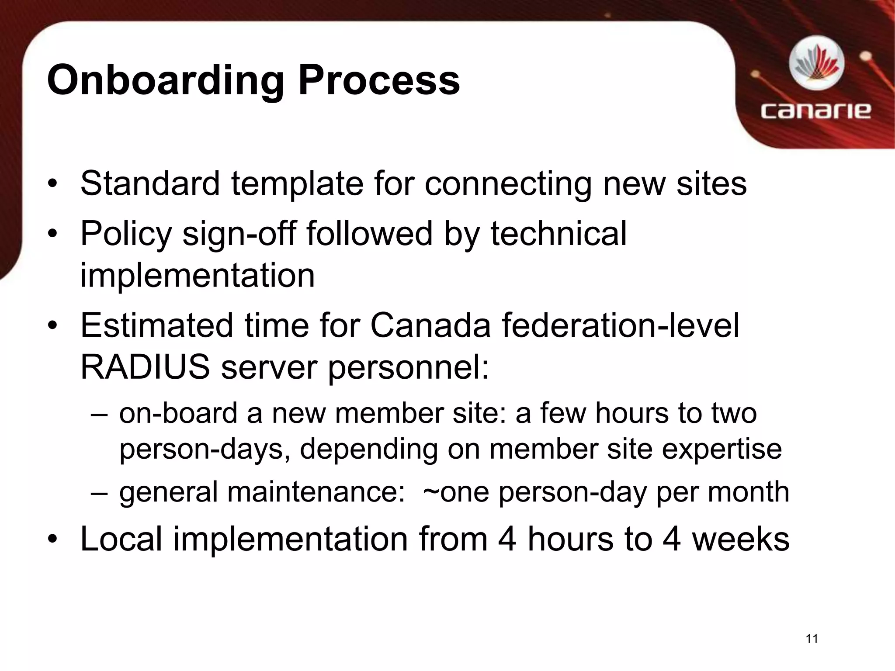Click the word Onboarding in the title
point(165,81)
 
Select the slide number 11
point(812,639)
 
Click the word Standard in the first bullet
point(150,183)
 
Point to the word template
point(297,184)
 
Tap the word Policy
point(126,234)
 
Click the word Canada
point(430,326)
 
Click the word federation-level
point(620,326)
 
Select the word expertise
point(722,449)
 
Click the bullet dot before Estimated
point(53,326)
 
